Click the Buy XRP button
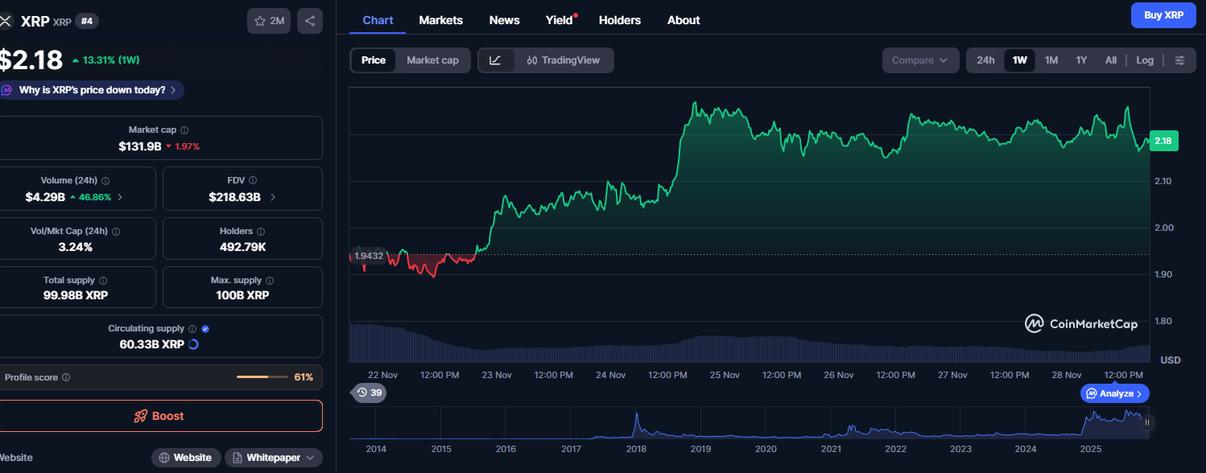(1163, 15)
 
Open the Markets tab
(440, 20)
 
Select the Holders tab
(619, 20)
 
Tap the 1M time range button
(1051, 60)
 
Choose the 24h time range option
(985, 60)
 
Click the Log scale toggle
(1144, 60)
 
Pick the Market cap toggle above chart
(432, 60)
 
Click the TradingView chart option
(564, 60)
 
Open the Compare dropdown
(920, 60)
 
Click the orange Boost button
(159, 416)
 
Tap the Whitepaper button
(273, 458)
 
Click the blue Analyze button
(1114, 393)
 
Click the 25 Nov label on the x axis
(725, 375)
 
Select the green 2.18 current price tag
(1163, 142)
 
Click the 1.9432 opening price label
(368, 256)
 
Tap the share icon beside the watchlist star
(310, 21)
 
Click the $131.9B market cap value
(139, 146)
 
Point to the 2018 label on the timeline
(636, 449)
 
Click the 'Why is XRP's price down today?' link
(92, 90)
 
